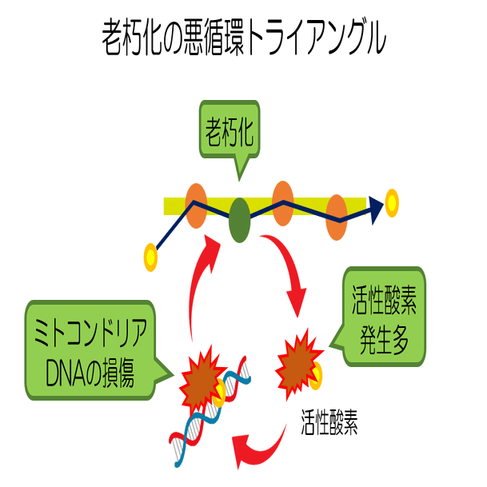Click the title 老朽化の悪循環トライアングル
coord(243,37)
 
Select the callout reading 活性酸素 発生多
coord(383,317)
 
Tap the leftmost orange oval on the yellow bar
coord(196,205)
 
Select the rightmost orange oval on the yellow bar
coord(337,217)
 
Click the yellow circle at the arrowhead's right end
coord(391,203)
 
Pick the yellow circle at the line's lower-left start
coord(150,257)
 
